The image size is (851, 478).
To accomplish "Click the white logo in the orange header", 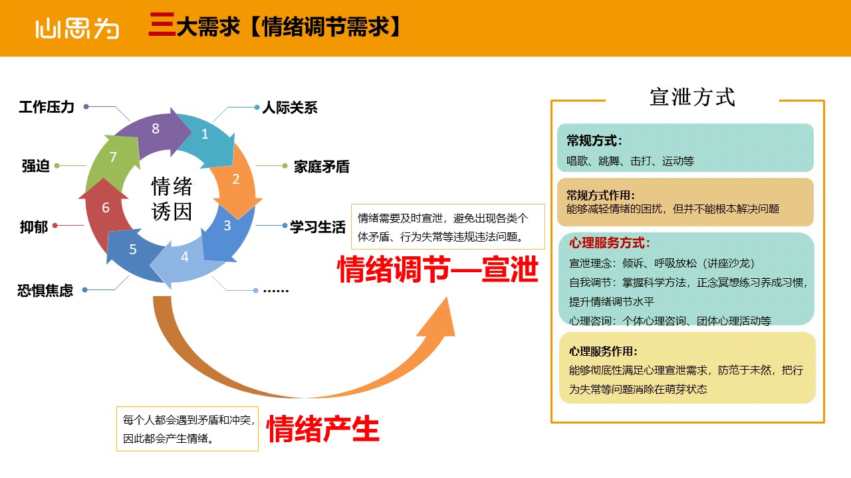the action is tap(77, 29).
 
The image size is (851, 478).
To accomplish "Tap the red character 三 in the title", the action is tap(162, 25).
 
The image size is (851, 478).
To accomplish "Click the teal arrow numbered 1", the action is tap(211, 139).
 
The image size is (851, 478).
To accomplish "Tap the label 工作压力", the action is tap(47, 107).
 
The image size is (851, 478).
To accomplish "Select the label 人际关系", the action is tap(290, 108).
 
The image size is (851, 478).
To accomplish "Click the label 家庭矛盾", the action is tap(321, 167).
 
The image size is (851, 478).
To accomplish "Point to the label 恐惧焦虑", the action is tap(45, 291).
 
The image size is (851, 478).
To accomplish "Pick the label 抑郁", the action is tap(34, 227).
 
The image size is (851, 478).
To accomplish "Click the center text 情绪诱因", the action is tap(172, 199).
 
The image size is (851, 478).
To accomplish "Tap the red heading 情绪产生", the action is tap(323, 429).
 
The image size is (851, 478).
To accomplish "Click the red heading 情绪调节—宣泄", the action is tap(437, 269).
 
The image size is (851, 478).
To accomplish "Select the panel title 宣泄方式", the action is tap(692, 97).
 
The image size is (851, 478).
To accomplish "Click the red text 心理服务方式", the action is tap(610, 243).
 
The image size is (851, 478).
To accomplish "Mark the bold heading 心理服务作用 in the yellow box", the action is tap(603, 351).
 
